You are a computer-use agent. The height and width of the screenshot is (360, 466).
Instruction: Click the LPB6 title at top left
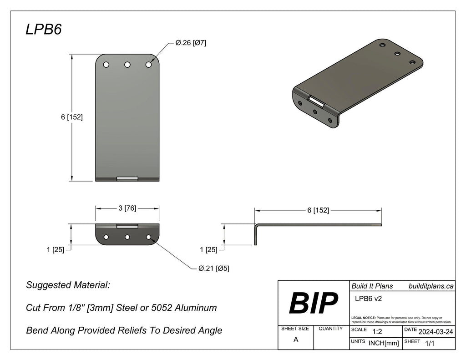click(x=43, y=30)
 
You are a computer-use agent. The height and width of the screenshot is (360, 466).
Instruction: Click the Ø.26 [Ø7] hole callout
click(x=191, y=43)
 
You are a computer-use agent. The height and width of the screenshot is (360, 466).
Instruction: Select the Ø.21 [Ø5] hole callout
click(x=213, y=269)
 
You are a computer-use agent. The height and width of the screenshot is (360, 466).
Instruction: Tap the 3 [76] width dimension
click(x=127, y=208)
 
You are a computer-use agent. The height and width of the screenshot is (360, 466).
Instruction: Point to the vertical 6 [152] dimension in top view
click(x=71, y=117)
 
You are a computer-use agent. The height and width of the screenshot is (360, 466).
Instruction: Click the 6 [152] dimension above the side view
click(x=318, y=210)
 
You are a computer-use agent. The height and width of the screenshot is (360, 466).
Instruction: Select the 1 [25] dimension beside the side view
click(x=208, y=249)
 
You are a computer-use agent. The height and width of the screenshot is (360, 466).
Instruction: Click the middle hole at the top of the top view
click(x=127, y=65)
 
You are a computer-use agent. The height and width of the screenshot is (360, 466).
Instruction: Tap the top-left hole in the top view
click(x=106, y=65)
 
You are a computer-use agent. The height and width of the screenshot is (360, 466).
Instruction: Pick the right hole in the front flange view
click(x=148, y=237)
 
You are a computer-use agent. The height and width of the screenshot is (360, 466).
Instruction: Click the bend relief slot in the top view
click(x=127, y=178)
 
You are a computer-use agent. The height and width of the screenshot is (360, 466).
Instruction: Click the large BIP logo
click(x=314, y=303)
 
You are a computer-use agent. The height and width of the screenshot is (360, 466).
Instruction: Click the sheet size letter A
click(x=296, y=340)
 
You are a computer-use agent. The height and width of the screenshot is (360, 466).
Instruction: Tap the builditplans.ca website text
click(x=430, y=286)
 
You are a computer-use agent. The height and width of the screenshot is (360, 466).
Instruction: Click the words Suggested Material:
click(x=68, y=285)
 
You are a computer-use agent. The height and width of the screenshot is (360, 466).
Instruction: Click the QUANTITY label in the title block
click(x=331, y=329)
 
